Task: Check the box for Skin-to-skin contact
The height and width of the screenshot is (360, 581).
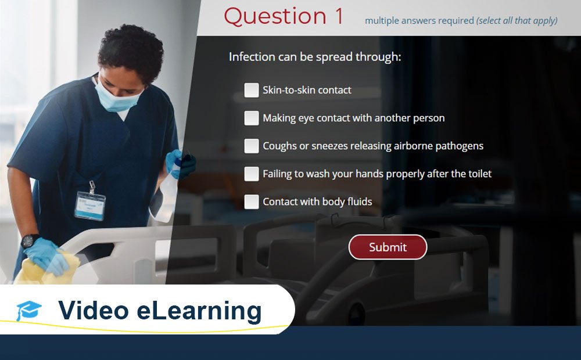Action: coord(251,90)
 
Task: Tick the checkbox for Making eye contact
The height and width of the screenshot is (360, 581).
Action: coord(251,118)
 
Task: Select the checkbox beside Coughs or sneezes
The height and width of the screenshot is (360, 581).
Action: coord(251,146)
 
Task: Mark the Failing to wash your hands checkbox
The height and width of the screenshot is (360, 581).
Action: coord(251,174)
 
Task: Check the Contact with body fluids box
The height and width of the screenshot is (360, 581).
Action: coord(251,201)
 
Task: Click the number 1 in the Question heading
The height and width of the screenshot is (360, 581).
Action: coord(339,17)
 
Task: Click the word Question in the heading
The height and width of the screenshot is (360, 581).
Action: coord(275,17)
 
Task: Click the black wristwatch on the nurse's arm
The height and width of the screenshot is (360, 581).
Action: coord(30,240)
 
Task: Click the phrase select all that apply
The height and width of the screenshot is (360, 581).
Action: coord(517,21)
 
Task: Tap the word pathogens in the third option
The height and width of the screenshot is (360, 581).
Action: coord(460,146)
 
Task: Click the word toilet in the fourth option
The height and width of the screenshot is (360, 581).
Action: coord(478,174)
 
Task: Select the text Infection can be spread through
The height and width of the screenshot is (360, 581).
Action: coord(314,57)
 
